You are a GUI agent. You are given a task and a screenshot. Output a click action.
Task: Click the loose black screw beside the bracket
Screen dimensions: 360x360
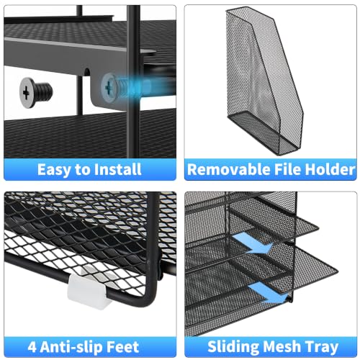click(35, 92)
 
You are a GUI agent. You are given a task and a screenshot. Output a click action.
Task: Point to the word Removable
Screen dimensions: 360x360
click(229, 169)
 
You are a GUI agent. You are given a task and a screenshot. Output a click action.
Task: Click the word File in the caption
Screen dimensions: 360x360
click(287, 169)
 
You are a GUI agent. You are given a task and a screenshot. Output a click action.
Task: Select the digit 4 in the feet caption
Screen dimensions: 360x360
click(32, 347)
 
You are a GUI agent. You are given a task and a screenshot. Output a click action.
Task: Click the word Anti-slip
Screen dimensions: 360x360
click(71, 347)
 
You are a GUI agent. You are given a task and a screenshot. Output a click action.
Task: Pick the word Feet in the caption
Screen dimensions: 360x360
click(122, 347)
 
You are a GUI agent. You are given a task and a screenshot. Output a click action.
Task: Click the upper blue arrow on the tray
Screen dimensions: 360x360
click(252, 243)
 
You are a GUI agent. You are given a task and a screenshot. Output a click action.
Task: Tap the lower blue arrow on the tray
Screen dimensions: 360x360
click(268, 292)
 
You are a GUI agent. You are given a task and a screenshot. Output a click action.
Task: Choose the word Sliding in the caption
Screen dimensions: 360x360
click(233, 347)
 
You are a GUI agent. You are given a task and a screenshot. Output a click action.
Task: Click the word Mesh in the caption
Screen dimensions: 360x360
click(282, 347)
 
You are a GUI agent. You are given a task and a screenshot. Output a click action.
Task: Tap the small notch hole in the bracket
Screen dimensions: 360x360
click(87, 71)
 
